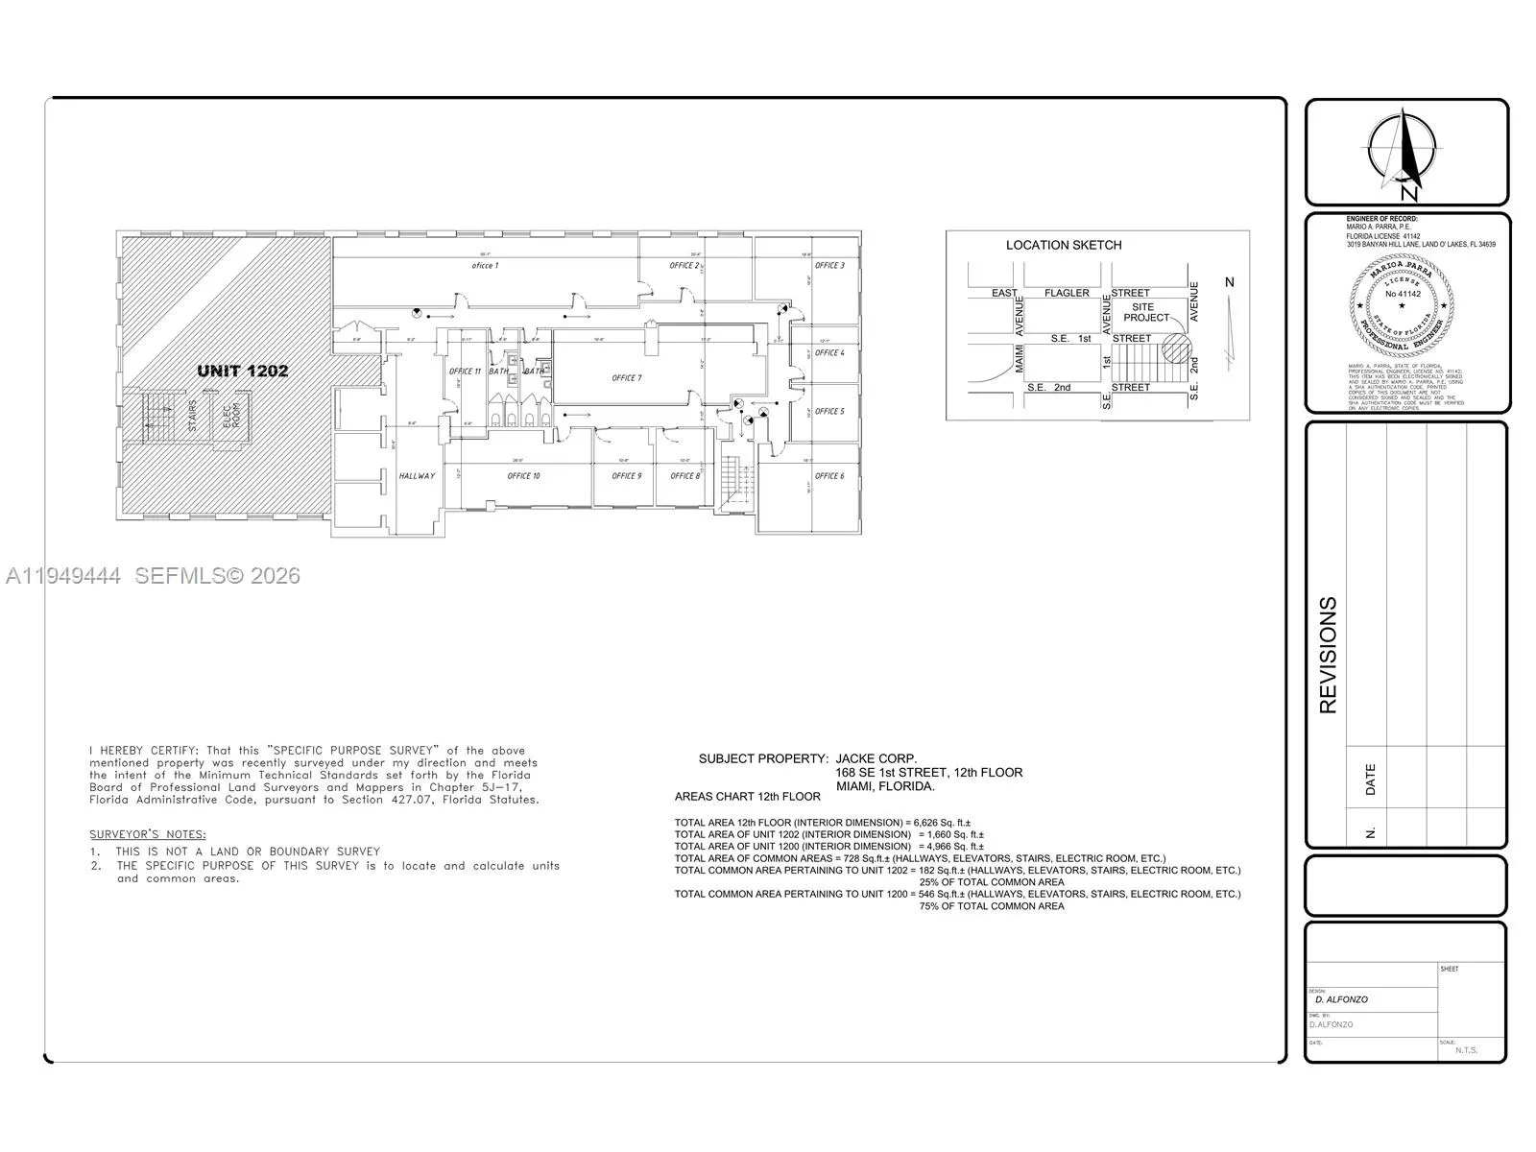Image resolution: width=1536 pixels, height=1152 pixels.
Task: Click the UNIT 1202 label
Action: (x=242, y=371)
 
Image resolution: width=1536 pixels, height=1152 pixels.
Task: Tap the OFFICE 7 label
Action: (x=626, y=378)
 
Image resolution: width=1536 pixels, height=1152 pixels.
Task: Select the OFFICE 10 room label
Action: (x=523, y=476)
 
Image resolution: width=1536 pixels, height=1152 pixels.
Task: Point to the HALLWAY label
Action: (x=417, y=476)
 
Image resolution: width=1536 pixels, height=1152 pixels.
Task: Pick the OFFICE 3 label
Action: (x=829, y=266)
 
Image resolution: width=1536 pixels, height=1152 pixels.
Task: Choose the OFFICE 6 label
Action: (x=829, y=476)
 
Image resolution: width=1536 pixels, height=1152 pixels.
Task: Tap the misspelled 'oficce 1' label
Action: (x=485, y=265)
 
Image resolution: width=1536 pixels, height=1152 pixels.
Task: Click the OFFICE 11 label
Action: (x=465, y=372)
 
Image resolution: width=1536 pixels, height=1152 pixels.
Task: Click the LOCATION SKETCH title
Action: (x=1063, y=245)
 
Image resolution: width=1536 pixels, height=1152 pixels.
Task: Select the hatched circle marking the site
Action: (x=1176, y=348)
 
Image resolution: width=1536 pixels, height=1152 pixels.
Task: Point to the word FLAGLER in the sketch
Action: (x=1067, y=293)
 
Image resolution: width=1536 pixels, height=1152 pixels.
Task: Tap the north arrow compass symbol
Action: (x=1404, y=152)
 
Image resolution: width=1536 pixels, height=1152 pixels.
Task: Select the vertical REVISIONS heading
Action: (x=1328, y=655)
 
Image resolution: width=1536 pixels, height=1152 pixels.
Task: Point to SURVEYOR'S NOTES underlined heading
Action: (x=148, y=834)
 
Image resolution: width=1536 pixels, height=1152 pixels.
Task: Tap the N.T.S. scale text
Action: (x=1466, y=1049)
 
